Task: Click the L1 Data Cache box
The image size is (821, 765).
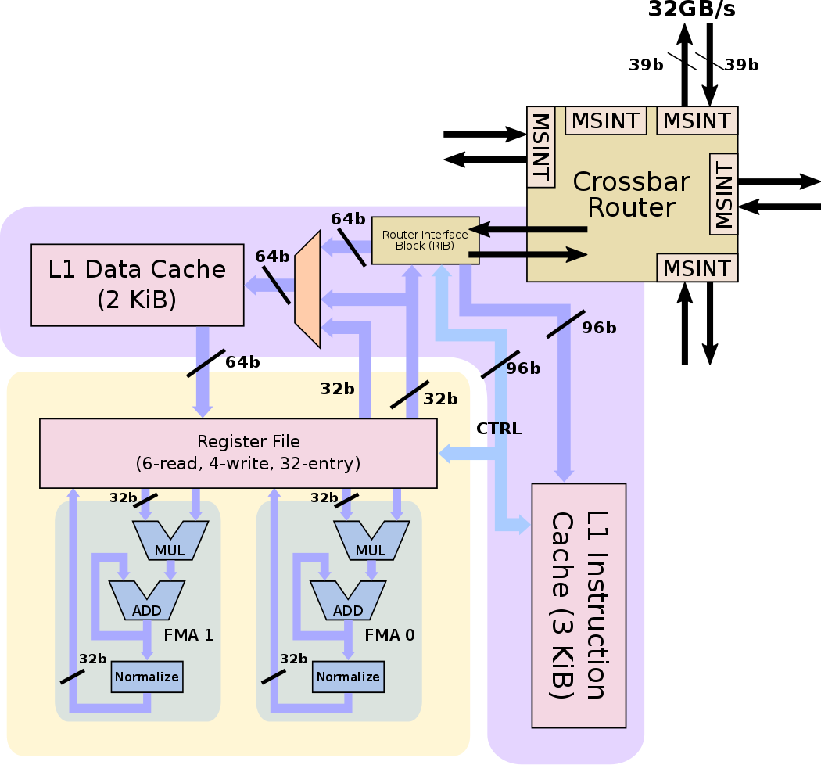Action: [x=137, y=285]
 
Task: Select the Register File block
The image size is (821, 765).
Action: [x=238, y=453]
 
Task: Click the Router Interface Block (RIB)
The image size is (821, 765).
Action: [x=425, y=240]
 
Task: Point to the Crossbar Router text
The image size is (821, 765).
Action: [x=631, y=194]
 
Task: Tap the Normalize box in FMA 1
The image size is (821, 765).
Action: [x=147, y=677]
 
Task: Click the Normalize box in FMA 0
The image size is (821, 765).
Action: [x=348, y=677]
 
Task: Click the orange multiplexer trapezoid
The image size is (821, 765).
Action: [x=307, y=289]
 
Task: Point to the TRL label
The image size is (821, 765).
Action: [x=504, y=429]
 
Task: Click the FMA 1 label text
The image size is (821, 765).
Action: [x=188, y=635]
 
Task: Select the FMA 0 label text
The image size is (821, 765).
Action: [x=389, y=635]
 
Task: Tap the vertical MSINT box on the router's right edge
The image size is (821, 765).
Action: [x=723, y=193]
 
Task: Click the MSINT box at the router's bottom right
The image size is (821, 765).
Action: [x=696, y=268]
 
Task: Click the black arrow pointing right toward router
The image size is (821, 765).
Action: [x=528, y=254]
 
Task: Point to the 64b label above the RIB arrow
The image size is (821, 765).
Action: [x=347, y=219]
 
